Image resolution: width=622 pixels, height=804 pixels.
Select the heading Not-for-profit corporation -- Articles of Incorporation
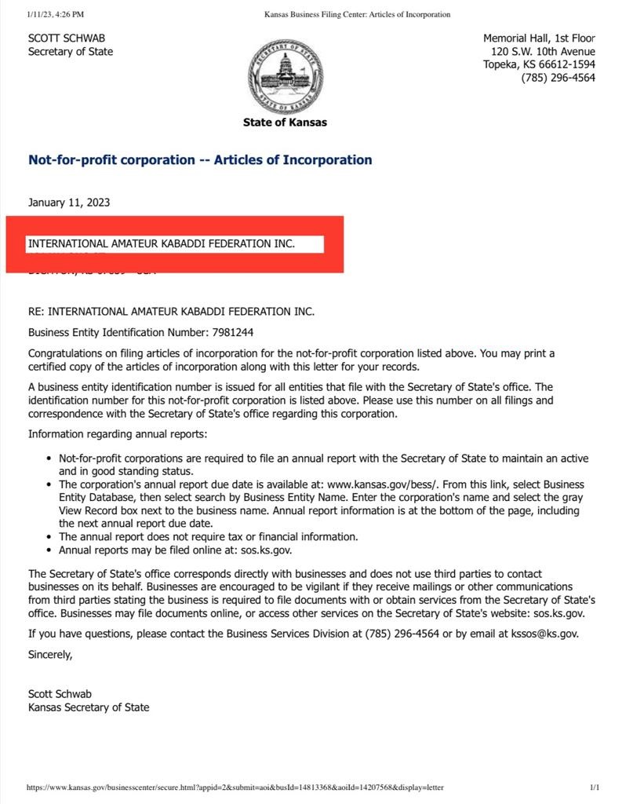pos(200,160)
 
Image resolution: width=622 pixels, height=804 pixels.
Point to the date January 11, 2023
pos(69,203)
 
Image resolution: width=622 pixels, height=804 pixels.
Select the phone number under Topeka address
pos(558,78)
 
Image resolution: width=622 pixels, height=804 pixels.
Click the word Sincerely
pos(50,654)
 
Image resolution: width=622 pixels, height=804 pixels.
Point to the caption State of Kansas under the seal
pos(285,122)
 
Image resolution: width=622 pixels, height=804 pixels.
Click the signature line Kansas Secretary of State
pos(89,707)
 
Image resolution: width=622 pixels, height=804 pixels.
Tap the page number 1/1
pos(595,788)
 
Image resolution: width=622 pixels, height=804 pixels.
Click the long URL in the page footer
pos(235,788)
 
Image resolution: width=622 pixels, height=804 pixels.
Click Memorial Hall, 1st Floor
pos(539,38)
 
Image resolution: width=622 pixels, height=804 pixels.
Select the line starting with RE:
pos(171,312)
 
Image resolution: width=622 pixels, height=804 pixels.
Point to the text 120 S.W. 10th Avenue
pos(541,51)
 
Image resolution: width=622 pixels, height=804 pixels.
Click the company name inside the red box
pos(162,244)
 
